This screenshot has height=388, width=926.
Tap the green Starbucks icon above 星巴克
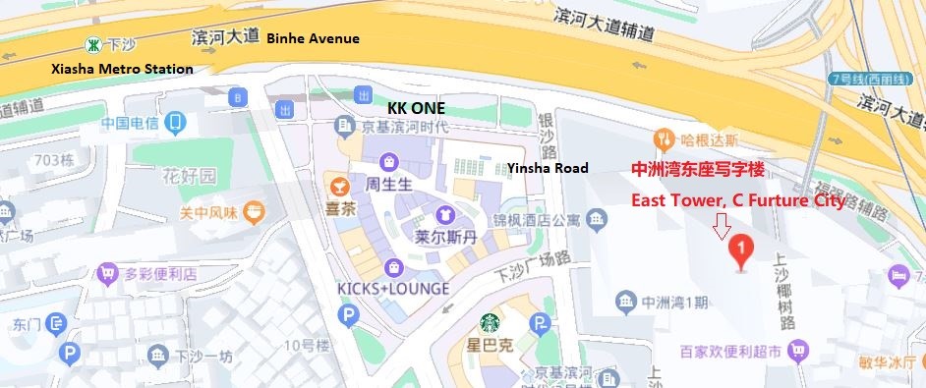[x=490, y=322]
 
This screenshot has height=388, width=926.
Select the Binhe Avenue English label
[x=314, y=38]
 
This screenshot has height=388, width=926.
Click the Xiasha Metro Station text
[x=122, y=70]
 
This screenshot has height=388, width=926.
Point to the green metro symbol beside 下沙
[x=92, y=44]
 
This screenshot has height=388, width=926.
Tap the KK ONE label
[x=416, y=107]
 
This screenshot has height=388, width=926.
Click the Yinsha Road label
[x=548, y=168]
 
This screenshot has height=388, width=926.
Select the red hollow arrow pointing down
[x=723, y=227]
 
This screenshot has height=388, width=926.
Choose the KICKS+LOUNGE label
[x=393, y=288]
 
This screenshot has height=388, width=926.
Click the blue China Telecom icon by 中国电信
[x=176, y=124]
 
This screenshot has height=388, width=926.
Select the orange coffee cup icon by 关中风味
[x=255, y=211]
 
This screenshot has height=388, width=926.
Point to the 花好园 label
[x=189, y=177]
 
